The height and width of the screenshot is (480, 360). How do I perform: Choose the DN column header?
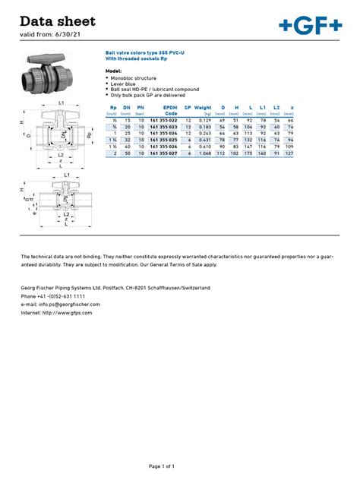point(128,108)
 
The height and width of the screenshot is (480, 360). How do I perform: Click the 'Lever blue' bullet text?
point(125,84)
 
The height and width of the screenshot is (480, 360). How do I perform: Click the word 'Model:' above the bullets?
point(112,70)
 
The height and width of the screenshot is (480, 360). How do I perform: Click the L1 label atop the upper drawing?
point(60,103)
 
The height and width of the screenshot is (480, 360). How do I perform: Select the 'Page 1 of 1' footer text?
point(179,466)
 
